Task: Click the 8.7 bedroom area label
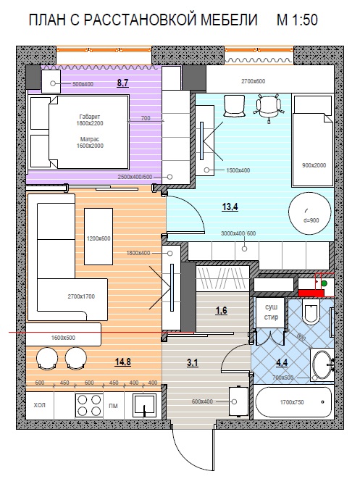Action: [122, 83]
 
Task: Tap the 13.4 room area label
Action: [230, 207]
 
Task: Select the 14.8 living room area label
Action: [122, 362]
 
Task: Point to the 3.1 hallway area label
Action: [193, 363]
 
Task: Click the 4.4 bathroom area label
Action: [282, 362]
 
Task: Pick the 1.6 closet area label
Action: [221, 310]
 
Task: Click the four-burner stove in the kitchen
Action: [89, 405]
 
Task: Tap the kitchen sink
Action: [145, 405]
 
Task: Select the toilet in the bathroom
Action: [311, 311]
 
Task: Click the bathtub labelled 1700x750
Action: [293, 402]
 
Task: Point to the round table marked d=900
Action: [310, 214]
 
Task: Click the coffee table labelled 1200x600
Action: [99, 236]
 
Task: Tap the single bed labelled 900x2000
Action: [312, 141]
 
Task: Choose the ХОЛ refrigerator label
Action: [39, 405]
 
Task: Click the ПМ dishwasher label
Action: [113, 406]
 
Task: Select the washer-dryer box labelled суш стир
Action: [271, 312]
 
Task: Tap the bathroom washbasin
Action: [322, 365]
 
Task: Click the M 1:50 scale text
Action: [297, 20]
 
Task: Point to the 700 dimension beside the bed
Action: [146, 118]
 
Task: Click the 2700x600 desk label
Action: [253, 81]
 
